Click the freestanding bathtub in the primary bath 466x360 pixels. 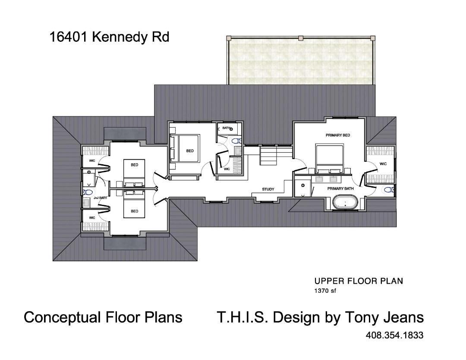click(344, 202)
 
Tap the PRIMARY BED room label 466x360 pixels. click(337, 135)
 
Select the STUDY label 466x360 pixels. click(268, 189)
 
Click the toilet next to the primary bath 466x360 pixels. click(388, 190)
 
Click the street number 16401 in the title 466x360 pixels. click(69, 37)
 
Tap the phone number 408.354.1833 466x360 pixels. click(394, 335)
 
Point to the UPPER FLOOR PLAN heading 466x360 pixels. click(358, 281)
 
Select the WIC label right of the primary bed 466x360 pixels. click(383, 164)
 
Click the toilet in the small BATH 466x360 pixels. click(236, 141)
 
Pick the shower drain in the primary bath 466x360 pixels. click(303, 185)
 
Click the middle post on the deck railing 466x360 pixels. click(301, 38)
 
